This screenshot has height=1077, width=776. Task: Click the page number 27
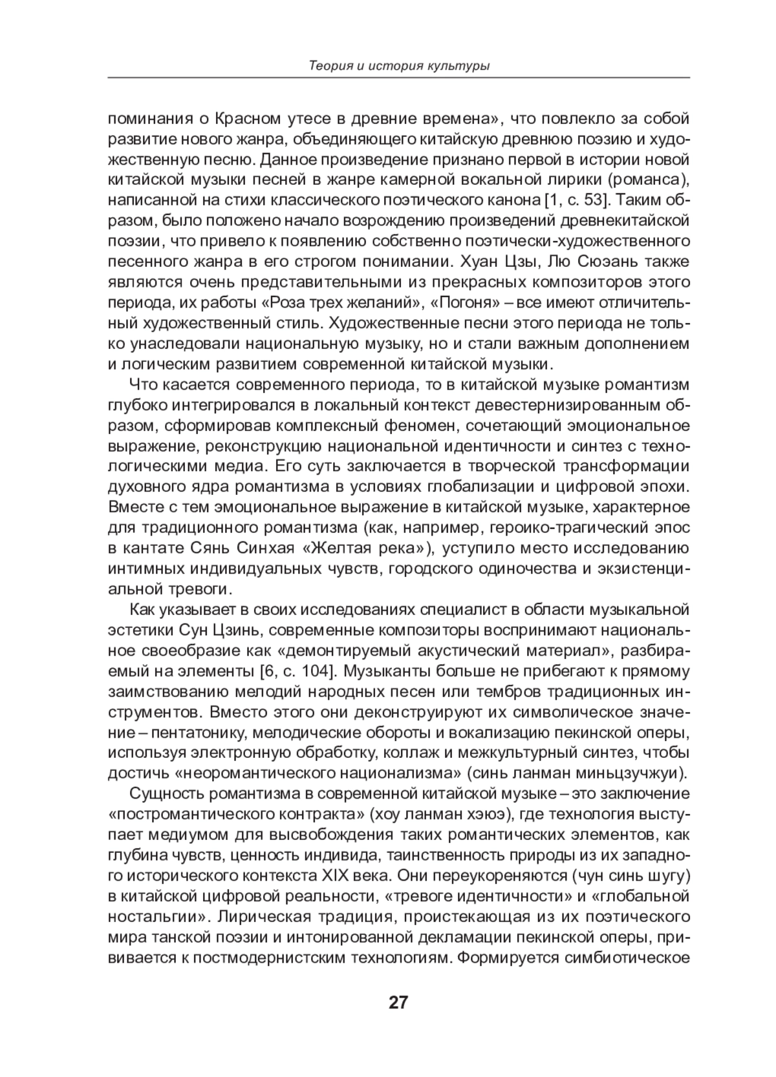pyautogui.click(x=398, y=1002)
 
